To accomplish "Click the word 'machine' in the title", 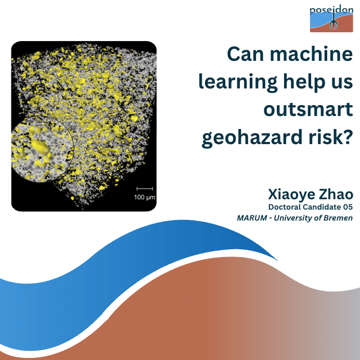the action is click(311, 54).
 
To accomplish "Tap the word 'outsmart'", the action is click(308, 110).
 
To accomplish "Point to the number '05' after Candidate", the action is click(348, 207).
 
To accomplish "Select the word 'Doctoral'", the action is click(285, 207).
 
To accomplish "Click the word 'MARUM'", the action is click(252, 218).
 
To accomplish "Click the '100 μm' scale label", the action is click(145, 197).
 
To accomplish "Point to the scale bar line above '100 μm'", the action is click(145, 189).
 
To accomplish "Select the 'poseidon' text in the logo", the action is click(331, 10).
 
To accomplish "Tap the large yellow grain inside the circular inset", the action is click(40, 147).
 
